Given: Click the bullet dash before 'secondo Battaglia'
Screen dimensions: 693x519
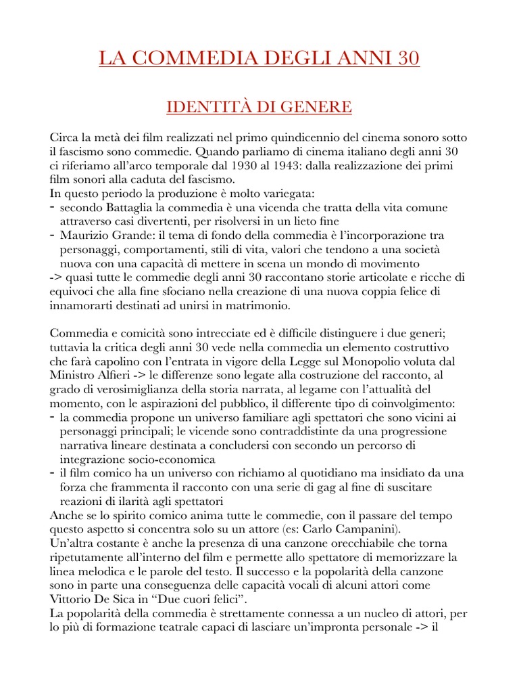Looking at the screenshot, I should tap(53, 206).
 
